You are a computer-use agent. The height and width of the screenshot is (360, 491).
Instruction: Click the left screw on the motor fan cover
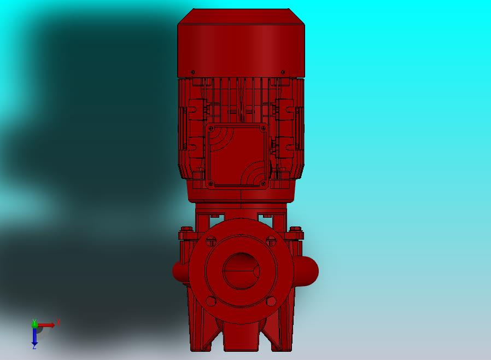click(192, 72)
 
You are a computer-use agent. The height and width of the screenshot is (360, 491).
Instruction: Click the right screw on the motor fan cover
click(283, 72)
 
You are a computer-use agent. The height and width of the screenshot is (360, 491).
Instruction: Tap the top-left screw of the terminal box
click(211, 128)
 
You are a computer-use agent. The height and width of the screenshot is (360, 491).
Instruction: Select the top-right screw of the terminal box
click(264, 128)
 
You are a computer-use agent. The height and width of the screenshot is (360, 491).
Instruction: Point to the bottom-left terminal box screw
click(211, 183)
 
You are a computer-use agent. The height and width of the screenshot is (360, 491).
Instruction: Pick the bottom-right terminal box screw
click(264, 183)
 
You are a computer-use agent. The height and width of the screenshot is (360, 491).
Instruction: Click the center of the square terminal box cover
click(237, 156)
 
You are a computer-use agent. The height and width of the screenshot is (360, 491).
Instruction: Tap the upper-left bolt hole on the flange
click(211, 242)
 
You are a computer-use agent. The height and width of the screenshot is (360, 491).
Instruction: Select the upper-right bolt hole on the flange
click(271, 242)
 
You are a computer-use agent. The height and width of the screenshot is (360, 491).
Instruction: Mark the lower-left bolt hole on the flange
click(211, 301)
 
